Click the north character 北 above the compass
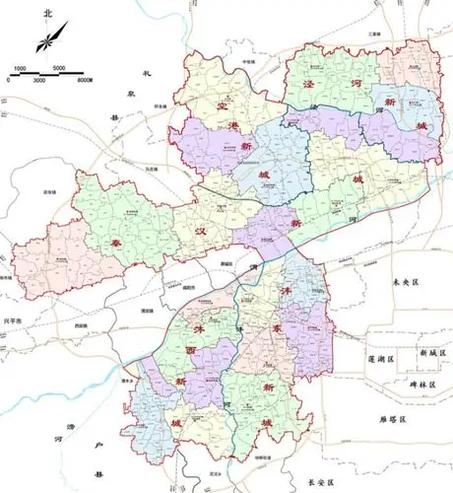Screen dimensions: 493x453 (47, 14)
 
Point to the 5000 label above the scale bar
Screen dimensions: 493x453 (58, 68)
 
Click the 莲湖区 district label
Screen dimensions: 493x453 (379, 352)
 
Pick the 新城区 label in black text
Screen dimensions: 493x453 (432, 352)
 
